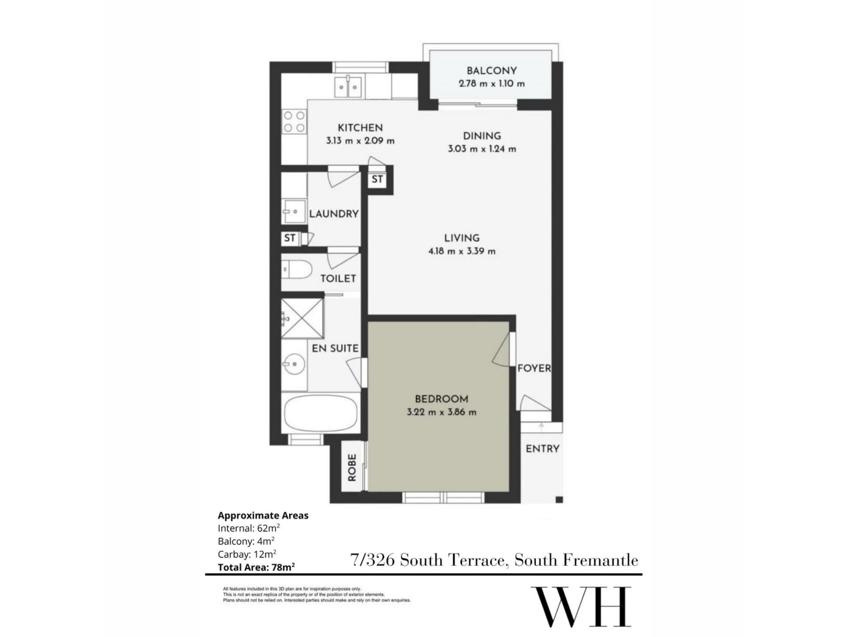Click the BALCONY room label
click(x=491, y=71)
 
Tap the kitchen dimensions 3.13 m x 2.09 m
click(x=360, y=141)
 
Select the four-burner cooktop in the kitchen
click(x=294, y=122)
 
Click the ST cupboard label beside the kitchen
click(x=377, y=180)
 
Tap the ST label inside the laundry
click(x=290, y=238)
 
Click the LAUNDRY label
click(x=334, y=214)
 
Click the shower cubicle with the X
click(x=303, y=318)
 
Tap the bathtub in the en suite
click(x=321, y=412)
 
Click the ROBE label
click(x=352, y=468)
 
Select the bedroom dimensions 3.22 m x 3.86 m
click(x=442, y=412)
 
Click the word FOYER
click(x=534, y=368)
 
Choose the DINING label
click(x=482, y=136)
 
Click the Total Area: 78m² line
click(x=256, y=567)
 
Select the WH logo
click(x=581, y=606)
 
